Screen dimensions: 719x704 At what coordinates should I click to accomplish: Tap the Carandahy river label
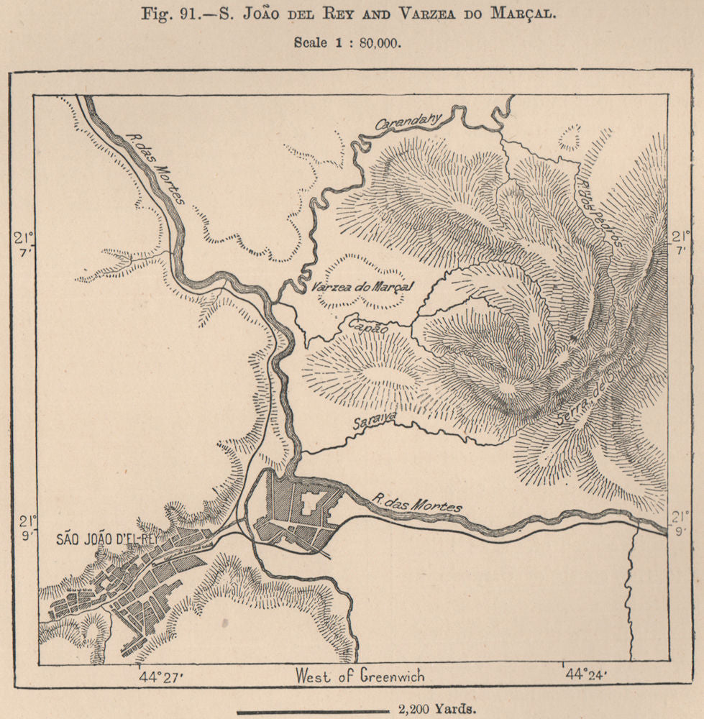(408, 123)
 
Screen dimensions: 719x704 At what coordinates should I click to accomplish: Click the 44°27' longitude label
(161, 675)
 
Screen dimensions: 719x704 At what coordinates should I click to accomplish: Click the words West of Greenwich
(360, 676)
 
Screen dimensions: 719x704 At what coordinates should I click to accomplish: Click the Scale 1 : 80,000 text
(347, 41)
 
